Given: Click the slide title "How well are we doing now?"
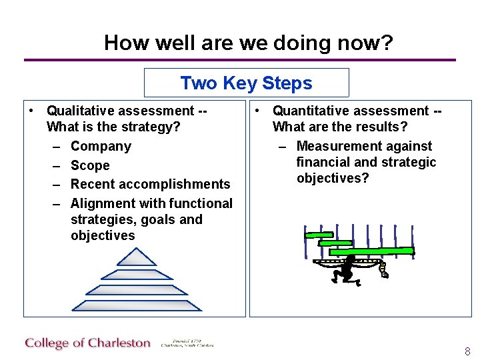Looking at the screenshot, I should pos(248,43).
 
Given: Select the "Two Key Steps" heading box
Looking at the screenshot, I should pos(246,83).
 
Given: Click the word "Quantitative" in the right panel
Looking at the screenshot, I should pos(313,111).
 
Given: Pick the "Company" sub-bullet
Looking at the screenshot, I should pos(101,146).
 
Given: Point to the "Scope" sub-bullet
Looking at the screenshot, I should pos(90,165).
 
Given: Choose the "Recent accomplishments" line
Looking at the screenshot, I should pos(150,184).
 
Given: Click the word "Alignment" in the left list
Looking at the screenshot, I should pos(101,203).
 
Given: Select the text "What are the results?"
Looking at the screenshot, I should pos(340,127).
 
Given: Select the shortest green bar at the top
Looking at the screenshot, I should pos(319,235).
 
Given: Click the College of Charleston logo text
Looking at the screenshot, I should pos(88,343).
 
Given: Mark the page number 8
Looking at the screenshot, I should pos(467,351).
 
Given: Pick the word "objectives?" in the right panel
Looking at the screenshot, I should pos(333,179).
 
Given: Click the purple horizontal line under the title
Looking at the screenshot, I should pos(240,60).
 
